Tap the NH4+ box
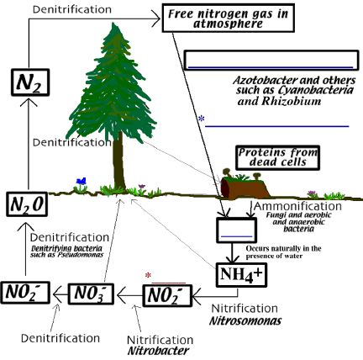[241, 273]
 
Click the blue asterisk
[202, 119]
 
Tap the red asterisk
[149, 275]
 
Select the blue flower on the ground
[81, 180]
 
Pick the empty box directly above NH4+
[234, 230]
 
